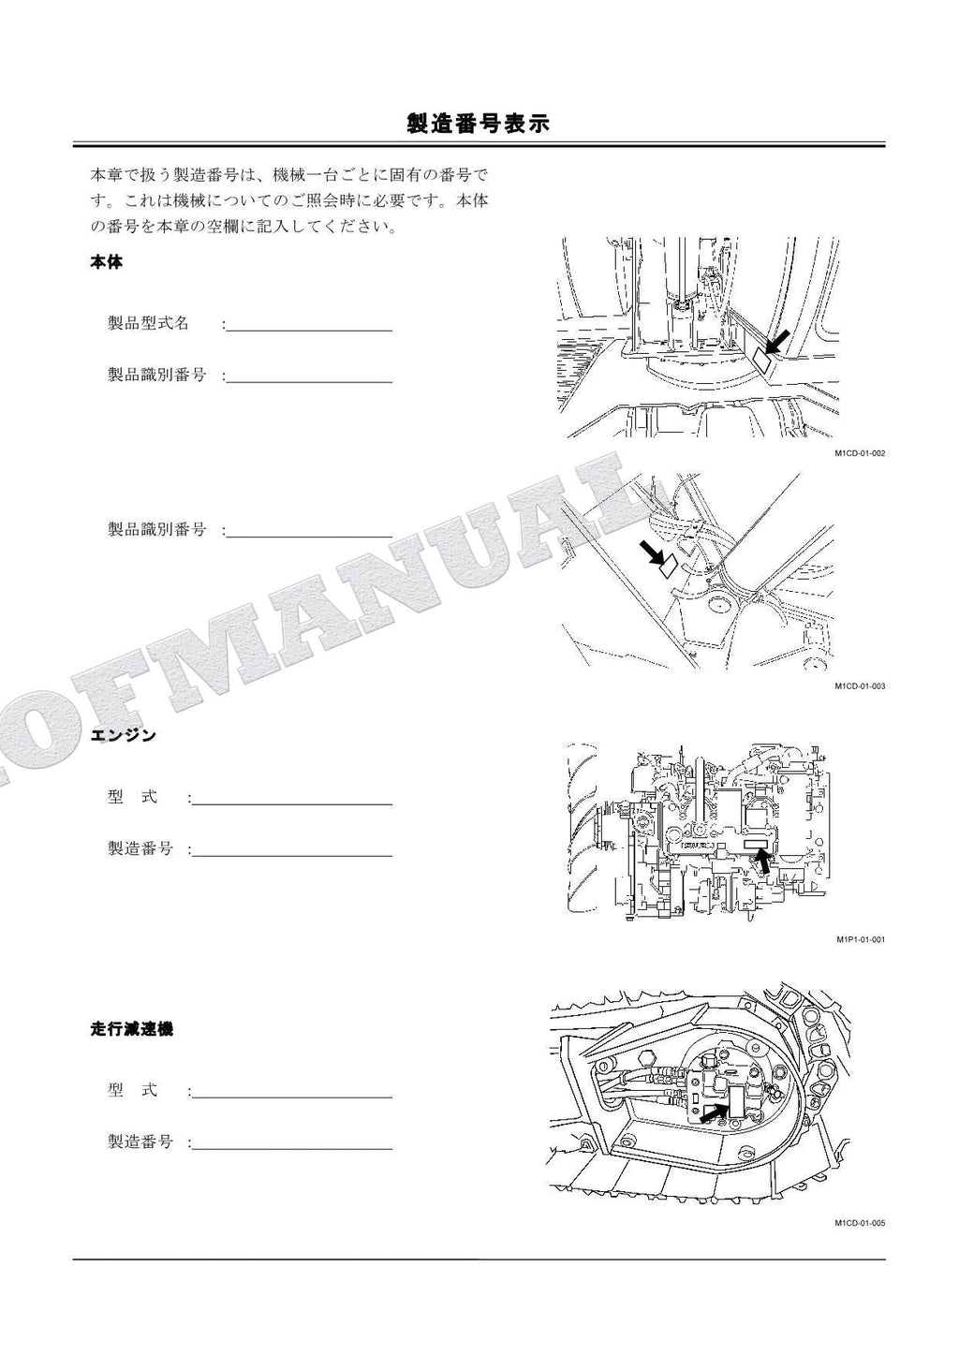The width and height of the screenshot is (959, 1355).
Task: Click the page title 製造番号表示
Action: [479, 124]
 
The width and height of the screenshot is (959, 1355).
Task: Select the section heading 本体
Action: [107, 262]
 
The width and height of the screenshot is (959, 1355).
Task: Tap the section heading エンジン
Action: [123, 736]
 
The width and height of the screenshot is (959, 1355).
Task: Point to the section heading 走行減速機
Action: [131, 1029]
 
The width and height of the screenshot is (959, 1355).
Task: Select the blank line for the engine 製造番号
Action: [293, 854]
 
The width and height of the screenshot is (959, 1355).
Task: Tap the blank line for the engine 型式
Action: [293, 803]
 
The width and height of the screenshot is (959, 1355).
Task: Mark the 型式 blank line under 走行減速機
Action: [293, 1096]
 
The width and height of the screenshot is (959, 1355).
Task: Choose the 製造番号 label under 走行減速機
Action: [140, 1141]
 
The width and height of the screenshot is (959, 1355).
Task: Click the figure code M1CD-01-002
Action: [860, 453]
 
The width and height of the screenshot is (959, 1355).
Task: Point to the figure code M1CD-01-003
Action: [860, 686]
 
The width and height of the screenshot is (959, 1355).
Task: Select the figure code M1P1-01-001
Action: [860, 939]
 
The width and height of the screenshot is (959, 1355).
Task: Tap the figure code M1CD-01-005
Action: [860, 1223]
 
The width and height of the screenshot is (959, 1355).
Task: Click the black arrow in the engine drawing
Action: [763, 861]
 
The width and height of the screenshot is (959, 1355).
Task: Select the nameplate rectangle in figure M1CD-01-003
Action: [667, 566]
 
